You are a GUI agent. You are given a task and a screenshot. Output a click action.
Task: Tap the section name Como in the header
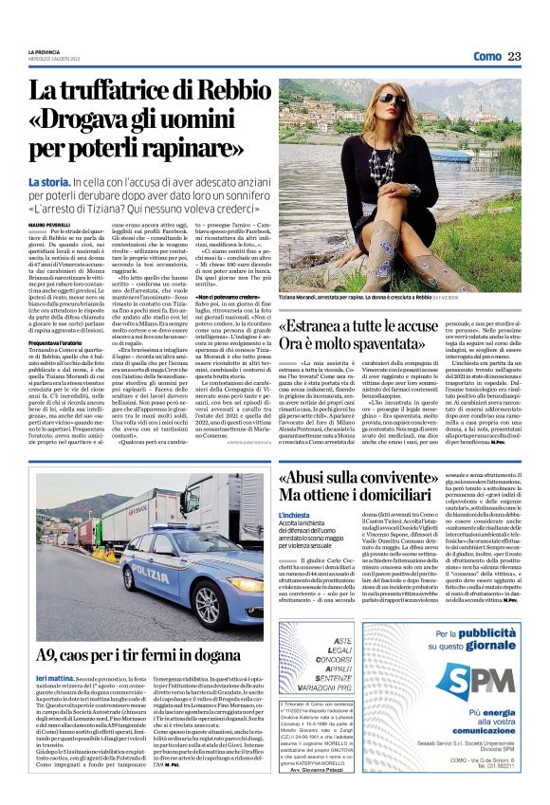[x=486, y=56]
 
